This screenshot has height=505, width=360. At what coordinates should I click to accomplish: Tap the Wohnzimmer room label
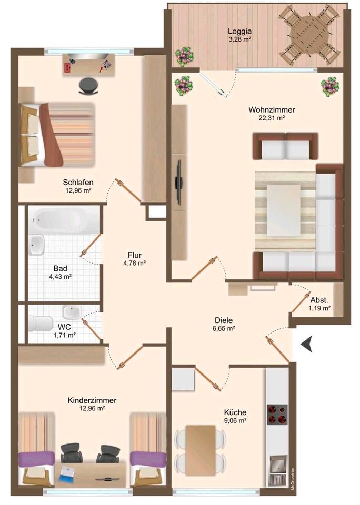[272, 110]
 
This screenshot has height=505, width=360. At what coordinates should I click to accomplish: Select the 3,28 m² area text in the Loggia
[239, 39]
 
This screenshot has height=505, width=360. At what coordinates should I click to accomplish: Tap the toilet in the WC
[41, 324]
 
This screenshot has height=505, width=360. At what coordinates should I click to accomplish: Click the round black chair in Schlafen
[89, 86]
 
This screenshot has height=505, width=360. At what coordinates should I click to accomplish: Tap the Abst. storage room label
[319, 300]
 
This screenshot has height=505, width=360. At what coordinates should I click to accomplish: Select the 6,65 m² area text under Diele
[224, 328]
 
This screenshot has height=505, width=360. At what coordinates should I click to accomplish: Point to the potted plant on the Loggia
[185, 57]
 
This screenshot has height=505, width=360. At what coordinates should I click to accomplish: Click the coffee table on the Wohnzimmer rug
[284, 210]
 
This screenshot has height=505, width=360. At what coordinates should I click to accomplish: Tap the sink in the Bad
[36, 245]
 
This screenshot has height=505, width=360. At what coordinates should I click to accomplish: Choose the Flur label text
[134, 255]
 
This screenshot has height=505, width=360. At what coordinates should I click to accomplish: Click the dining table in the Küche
[200, 450]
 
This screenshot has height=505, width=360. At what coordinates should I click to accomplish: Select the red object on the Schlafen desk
[67, 67]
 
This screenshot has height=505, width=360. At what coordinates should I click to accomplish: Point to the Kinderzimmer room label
[92, 400]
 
